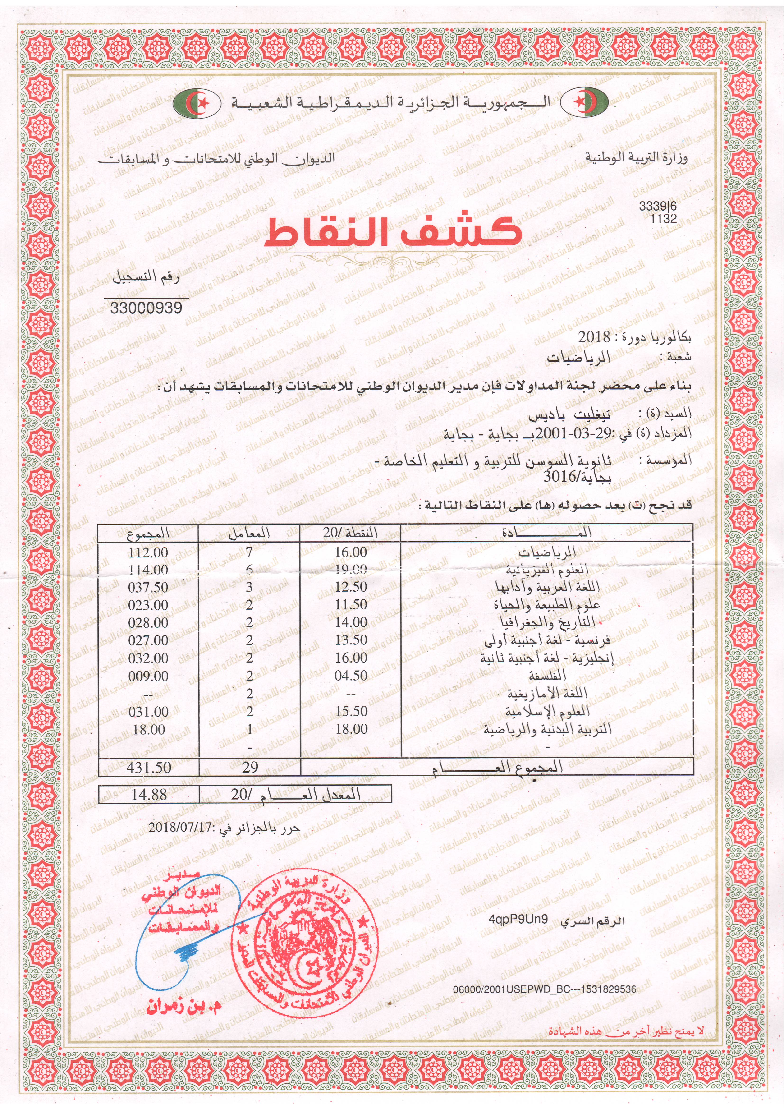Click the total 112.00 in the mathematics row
coord(148,552)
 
